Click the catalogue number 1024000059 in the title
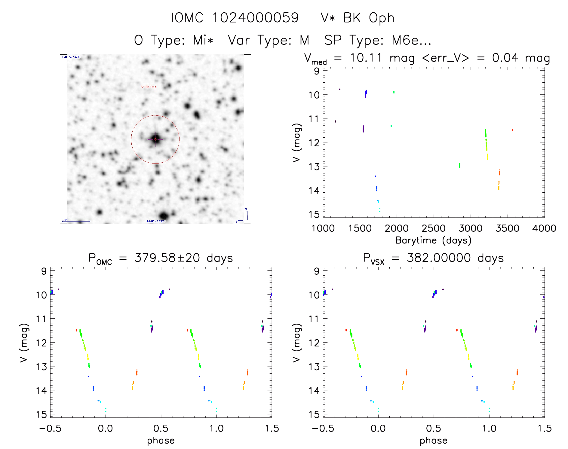tap(256, 18)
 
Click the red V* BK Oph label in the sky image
tap(149, 87)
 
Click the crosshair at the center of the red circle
tap(155, 139)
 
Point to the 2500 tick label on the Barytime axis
tap(434, 228)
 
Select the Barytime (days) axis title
tap(433, 240)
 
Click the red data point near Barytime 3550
tap(512, 130)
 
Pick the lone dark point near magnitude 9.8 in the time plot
tap(340, 89)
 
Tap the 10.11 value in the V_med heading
tap(366, 58)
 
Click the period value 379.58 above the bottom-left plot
tap(155, 258)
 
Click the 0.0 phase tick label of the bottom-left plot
tap(106, 428)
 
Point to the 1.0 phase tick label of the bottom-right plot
tap(489, 428)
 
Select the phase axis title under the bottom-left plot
tap(161, 441)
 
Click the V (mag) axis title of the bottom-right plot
tap(296, 343)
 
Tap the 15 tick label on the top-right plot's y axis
tap(314, 214)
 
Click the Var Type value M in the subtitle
tap(304, 40)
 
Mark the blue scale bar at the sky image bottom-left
tap(76, 221)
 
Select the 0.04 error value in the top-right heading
tap(505, 58)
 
